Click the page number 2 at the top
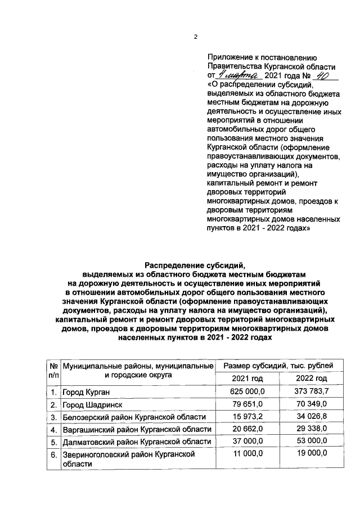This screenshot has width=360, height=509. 196,38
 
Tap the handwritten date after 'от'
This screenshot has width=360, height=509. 238,75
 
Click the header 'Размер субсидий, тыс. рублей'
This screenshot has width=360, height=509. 279,366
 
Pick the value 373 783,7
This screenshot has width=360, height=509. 311,391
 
